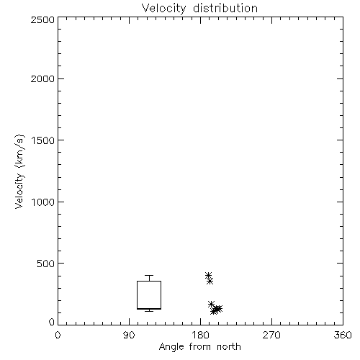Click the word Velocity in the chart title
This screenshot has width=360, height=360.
tap(164, 9)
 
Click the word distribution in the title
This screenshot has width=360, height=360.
tap(225, 8)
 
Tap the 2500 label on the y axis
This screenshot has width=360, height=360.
tap(42, 19)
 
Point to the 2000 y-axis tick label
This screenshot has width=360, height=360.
tap(42, 78)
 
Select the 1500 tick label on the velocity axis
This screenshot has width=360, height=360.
tap(43, 140)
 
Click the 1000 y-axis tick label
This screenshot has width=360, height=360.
tap(43, 202)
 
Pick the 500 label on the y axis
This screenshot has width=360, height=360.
tap(46, 264)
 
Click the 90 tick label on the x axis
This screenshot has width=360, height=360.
tap(129, 335)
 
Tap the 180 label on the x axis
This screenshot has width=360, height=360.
tap(200, 335)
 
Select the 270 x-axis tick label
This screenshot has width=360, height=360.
tap(271, 335)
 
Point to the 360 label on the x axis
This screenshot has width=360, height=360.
tap(343, 335)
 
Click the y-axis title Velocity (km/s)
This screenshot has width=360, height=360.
tap(19, 171)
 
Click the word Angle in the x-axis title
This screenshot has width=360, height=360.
tap(171, 347)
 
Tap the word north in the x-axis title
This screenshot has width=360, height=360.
tap(229, 346)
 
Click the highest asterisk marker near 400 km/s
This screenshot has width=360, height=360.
tap(208, 275)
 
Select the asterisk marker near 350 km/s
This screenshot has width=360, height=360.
tap(210, 281)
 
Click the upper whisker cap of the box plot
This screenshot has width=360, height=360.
tap(149, 275)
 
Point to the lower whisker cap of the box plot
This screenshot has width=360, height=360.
tap(149, 311)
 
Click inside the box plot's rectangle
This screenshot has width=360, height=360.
tap(149, 294)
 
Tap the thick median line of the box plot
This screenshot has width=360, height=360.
tap(149, 309)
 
